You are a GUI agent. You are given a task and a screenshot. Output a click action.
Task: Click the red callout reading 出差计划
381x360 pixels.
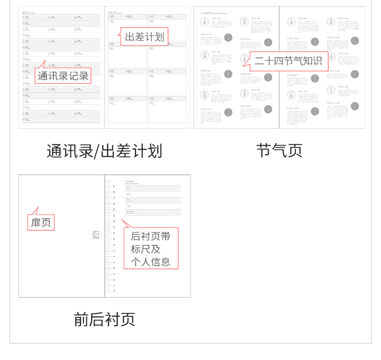click(144, 37)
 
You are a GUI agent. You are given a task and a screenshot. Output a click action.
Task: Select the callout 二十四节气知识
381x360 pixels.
click(288, 61)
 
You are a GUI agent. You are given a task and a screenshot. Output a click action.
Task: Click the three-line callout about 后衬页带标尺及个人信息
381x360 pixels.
click(151, 249)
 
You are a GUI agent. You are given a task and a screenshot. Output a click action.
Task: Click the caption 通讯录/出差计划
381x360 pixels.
click(104, 151)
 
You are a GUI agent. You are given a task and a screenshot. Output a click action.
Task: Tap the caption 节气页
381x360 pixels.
click(279, 151)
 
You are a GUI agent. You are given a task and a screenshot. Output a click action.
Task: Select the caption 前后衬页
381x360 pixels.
click(104, 319)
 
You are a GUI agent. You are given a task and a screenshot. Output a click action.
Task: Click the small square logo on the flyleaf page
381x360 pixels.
click(96, 234)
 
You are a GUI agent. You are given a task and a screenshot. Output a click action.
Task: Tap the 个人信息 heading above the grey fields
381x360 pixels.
click(130, 181)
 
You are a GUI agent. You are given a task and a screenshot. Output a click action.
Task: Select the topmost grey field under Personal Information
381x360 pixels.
click(152, 188)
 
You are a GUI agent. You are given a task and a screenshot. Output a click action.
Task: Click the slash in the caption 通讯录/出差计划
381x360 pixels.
click(97, 151)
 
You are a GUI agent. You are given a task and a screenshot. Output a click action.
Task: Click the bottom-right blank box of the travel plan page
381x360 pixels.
click(168, 110)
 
